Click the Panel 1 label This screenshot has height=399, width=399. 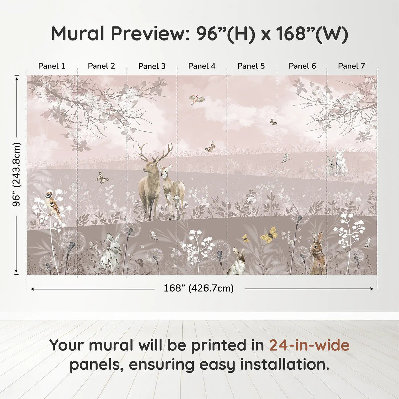coord(52,66)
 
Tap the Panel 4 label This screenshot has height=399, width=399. coord(202,66)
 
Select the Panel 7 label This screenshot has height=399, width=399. coord(351,66)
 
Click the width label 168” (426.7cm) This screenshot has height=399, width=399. coord(198,288)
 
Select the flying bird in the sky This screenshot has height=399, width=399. coord(197,99)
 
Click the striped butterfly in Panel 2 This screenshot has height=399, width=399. coord(102,178)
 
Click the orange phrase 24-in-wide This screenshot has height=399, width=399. coord(309,345)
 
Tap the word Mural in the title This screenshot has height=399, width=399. coord(78,34)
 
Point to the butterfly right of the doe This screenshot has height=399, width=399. coord(210,146)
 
